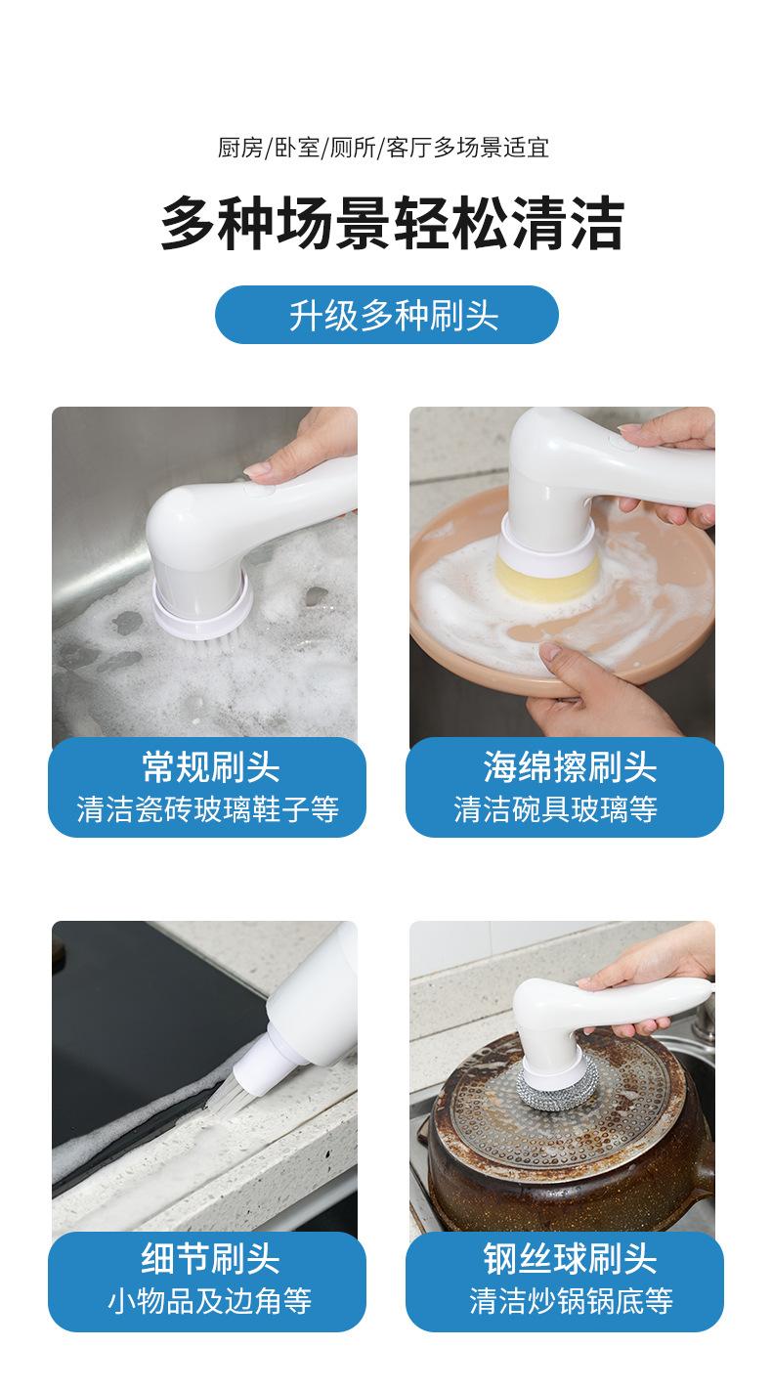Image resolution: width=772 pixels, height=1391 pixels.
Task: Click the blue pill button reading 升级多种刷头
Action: [x=386, y=314]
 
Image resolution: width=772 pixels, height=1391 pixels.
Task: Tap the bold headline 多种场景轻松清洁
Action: [x=392, y=222]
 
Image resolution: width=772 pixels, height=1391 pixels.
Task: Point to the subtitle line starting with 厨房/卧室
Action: [x=383, y=148]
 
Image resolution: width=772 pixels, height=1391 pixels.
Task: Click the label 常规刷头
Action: [x=210, y=767]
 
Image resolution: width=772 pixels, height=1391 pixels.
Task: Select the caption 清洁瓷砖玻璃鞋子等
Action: [x=207, y=809]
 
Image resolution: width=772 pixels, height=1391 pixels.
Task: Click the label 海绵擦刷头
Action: [x=570, y=767]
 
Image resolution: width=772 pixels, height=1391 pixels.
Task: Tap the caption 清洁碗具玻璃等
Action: [x=555, y=809]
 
